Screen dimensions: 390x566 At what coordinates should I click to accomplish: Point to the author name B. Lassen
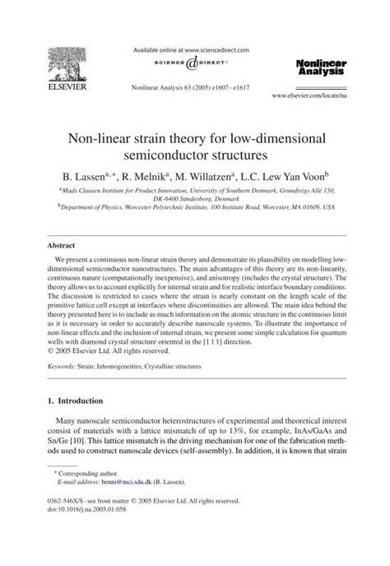click(88, 175)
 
